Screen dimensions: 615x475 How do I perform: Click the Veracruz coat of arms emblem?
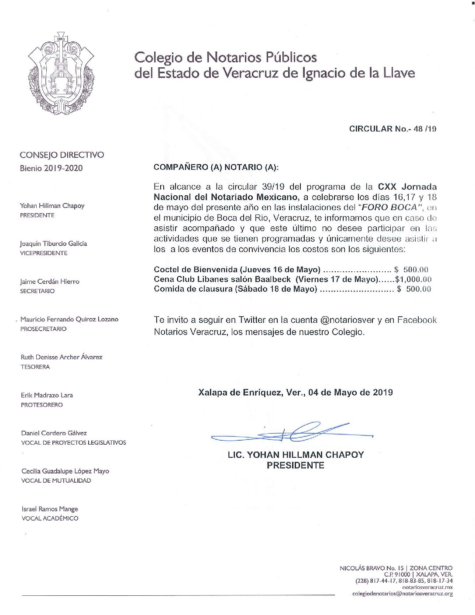(60, 73)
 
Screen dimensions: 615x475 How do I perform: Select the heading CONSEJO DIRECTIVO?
(62, 155)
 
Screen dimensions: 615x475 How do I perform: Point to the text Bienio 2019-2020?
(51, 168)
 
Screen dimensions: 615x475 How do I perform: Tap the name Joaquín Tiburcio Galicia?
(53, 244)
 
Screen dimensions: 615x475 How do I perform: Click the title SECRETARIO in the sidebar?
(37, 291)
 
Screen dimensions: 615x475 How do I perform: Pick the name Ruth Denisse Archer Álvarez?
(62, 357)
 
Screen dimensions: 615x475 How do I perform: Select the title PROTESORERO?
(41, 405)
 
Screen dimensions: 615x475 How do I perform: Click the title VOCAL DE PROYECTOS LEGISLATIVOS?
(73, 442)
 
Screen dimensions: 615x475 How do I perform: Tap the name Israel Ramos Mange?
(50, 509)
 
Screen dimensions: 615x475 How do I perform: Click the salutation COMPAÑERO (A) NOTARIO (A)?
(216, 167)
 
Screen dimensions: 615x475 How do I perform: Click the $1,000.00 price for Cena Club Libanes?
(413, 280)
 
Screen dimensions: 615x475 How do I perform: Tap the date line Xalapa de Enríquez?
(295, 392)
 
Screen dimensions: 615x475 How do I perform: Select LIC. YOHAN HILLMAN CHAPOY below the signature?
(296, 455)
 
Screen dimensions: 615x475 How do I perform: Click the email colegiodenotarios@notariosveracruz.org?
(402, 594)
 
